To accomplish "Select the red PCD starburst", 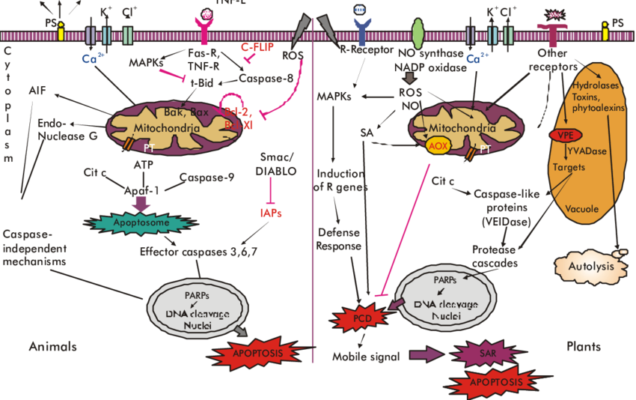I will [358, 317].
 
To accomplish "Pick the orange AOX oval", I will [436, 146].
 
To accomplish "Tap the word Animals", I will [52, 346].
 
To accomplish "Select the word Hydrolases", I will [592, 85].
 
